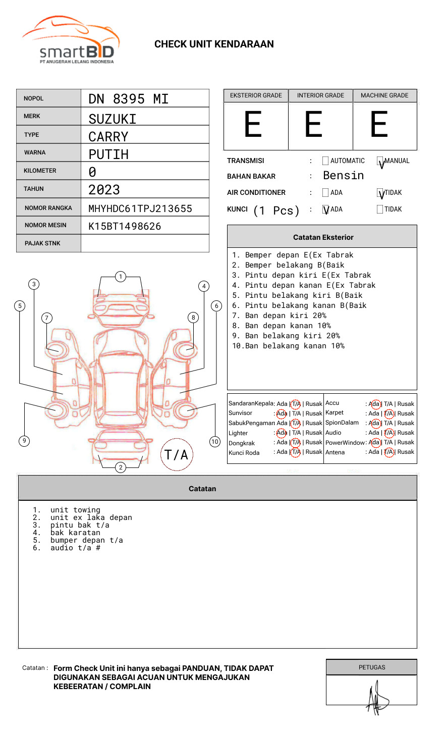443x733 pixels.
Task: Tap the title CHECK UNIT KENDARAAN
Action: tap(214, 44)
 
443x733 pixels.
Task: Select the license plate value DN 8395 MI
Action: tap(128, 99)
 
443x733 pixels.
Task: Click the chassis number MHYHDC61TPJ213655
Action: tap(140, 208)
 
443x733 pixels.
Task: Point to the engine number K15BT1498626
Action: tap(125, 226)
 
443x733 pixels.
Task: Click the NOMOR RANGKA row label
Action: tap(48, 208)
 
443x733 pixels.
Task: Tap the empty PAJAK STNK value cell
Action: tap(145, 243)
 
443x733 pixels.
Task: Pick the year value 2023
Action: tap(104, 190)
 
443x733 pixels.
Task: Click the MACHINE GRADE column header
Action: tap(384, 95)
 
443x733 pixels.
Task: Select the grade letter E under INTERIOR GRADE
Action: tap(313, 125)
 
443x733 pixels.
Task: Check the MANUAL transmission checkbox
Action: tap(380, 162)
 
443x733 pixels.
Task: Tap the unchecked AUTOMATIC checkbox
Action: tap(325, 161)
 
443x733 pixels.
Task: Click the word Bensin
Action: tap(343, 176)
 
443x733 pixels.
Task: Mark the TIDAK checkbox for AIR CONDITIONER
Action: tap(380, 193)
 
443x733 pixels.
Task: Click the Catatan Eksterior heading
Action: tap(323, 237)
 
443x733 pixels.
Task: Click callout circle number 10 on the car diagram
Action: tap(215, 442)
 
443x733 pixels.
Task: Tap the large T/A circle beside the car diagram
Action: tap(177, 454)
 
